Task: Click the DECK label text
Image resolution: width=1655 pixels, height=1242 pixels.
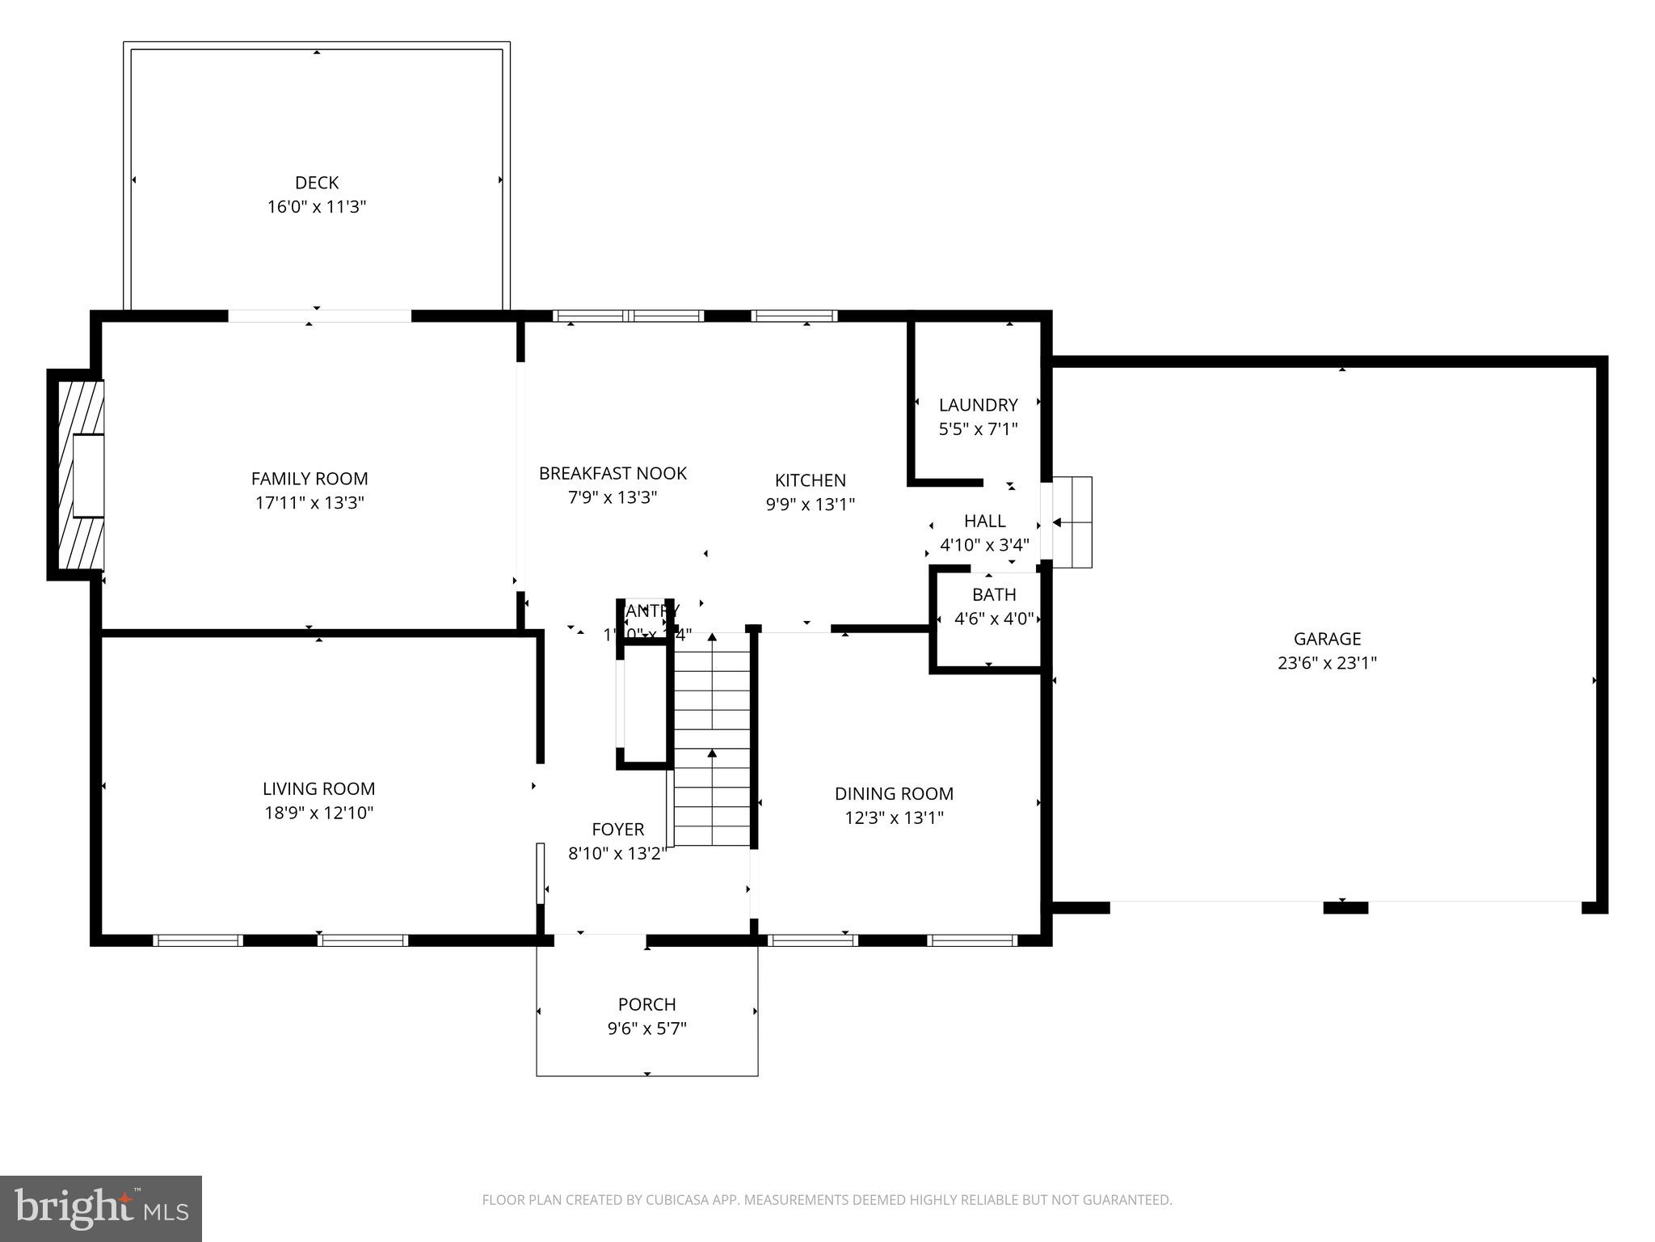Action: (x=317, y=183)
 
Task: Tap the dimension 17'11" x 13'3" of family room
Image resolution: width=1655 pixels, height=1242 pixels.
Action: (x=310, y=503)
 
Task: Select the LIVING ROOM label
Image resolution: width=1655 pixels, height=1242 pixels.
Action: (x=318, y=788)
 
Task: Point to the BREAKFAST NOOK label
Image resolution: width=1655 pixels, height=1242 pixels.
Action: (x=613, y=473)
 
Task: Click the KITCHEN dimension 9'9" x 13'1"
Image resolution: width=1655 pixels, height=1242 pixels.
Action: (x=811, y=505)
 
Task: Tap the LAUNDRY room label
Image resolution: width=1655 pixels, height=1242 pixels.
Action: (x=978, y=404)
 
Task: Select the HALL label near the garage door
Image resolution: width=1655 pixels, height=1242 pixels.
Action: (x=984, y=521)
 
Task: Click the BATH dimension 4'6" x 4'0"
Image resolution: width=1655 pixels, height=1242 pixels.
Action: (x=994, y=619)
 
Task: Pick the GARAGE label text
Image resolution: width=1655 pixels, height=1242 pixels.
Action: (x=1327, y=639)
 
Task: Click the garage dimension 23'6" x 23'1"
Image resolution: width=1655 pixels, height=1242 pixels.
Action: (x=1327, y=663)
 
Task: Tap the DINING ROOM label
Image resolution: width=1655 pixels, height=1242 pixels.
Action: (x=894, y=793)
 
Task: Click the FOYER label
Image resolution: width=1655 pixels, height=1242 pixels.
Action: (x=617, y=829)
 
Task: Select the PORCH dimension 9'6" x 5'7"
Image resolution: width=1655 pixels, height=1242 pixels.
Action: (x=646, y=1029)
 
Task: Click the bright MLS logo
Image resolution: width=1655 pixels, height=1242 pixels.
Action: (x=101, y=1208)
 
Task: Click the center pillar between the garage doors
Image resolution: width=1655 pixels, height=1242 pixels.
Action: (x=1345, y=908)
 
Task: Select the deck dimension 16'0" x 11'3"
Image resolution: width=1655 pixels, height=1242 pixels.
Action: (x=317, y=207)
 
